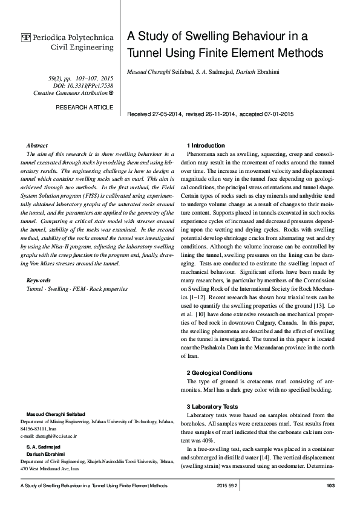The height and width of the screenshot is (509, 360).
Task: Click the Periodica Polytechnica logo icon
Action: click(26, 37)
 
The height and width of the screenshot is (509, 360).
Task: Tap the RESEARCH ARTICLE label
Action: click(84, 107)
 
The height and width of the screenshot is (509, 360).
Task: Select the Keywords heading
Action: click(39, 280)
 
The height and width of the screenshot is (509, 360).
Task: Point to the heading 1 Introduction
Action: click(206, 146)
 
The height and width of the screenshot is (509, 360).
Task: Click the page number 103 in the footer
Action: click(330, 486)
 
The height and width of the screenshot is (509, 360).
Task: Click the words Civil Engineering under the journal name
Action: click(82, 47)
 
